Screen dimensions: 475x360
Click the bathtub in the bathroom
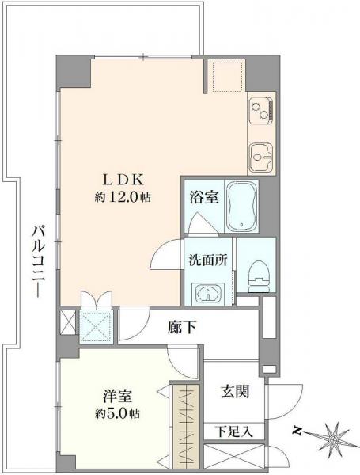pos(241,206)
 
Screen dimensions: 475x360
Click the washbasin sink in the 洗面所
pos(209,294)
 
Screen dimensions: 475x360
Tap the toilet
pos(256,272)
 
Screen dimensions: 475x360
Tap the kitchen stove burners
pos(260,112)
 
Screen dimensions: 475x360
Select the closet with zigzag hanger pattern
pos(188,425)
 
